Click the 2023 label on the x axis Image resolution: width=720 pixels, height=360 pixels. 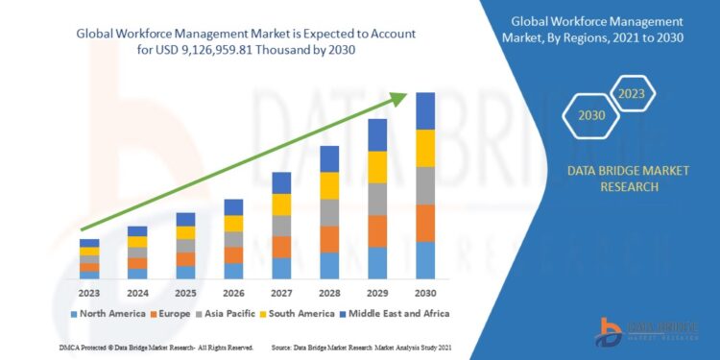coord(89,293)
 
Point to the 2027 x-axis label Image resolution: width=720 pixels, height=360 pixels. coord(281,293)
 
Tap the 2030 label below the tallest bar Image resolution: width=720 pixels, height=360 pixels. coord(424,293)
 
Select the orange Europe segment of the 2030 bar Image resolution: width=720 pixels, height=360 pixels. coord(424,223)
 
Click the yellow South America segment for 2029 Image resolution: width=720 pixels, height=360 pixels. coord(377,167)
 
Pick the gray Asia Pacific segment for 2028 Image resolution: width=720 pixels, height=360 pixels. coord(329,212)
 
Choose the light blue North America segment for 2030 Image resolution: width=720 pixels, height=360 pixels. coord(424,260)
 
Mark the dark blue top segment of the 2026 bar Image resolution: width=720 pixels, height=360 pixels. coord(233,207)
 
